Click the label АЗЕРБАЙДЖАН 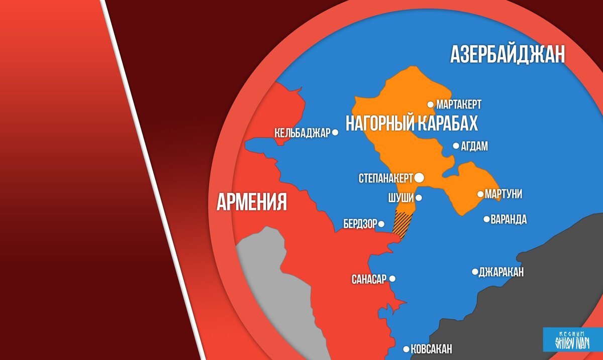[x=508, y=54]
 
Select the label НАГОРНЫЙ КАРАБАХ [x=411, y=123]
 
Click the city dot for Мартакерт [x=431, y=104]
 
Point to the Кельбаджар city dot [x=335, y=133]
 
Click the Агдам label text [x=474, y=146]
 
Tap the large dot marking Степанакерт [x=419, y=177]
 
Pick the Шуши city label [x=401, y=198]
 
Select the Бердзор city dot [x=381, y=224]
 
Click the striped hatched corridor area [x=403, y=222]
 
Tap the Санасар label [x=369, y=279]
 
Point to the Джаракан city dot [x=475, y=272]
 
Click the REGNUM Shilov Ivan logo [x=572, y=340]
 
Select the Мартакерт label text [x=459, y=104]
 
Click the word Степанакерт [x=386, y=178]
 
